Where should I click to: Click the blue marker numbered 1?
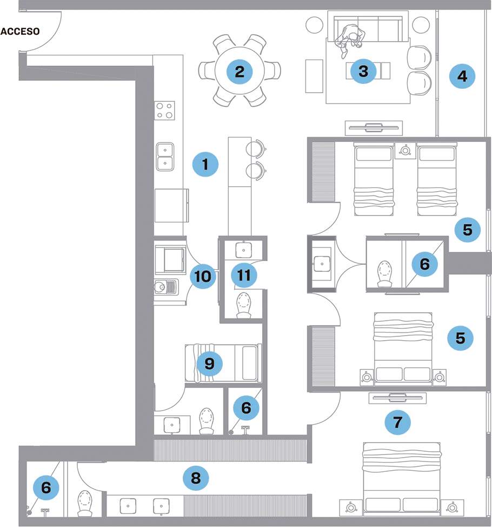205,165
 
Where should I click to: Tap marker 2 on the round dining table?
240,71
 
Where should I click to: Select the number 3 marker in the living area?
363,71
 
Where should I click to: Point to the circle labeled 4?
462,76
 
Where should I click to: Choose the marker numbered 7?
398,422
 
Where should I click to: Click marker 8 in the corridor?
196,478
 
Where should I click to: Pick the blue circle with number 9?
209,363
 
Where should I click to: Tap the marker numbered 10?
203,276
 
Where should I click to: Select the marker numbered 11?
244,275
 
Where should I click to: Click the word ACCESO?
21,31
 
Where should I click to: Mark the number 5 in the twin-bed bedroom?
467,230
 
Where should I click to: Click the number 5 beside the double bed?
460,338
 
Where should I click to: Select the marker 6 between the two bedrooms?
424,264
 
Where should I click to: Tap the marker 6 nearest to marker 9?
246,407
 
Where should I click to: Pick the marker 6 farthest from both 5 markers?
46,487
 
